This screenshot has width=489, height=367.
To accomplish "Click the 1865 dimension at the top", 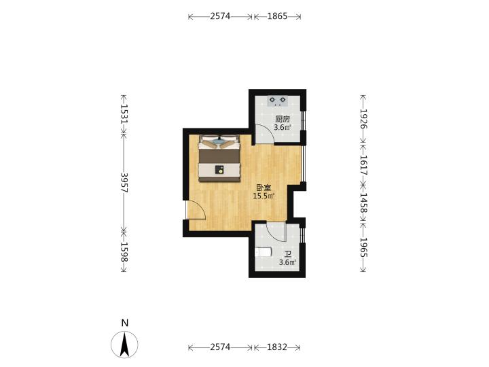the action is (277, 16).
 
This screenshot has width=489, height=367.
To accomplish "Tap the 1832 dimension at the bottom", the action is (277, 347).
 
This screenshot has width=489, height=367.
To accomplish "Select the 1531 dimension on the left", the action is (124, 114).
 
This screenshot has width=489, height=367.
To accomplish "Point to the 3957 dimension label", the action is (124, 183).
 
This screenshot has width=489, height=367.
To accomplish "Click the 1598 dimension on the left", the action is (124, 252).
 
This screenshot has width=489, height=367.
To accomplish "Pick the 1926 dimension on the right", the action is (363, 119).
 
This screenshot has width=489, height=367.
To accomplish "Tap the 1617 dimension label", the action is (363, 165).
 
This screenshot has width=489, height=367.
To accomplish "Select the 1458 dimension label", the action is (363, 203).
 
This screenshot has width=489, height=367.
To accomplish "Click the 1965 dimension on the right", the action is (363, 248).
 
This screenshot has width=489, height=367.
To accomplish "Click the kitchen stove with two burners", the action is (278, 101).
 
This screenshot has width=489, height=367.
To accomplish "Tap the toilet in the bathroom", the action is (263, 252).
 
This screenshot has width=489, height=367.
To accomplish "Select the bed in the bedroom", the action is (220, 158).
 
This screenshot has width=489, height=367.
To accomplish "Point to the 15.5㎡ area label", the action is (264, 196).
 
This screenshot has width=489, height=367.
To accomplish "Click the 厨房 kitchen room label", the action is (283, 119).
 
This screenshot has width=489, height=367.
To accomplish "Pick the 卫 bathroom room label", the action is (288, 255).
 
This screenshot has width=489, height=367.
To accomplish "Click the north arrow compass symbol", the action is (124, 344).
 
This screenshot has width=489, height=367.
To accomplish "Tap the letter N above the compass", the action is (125, 323).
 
